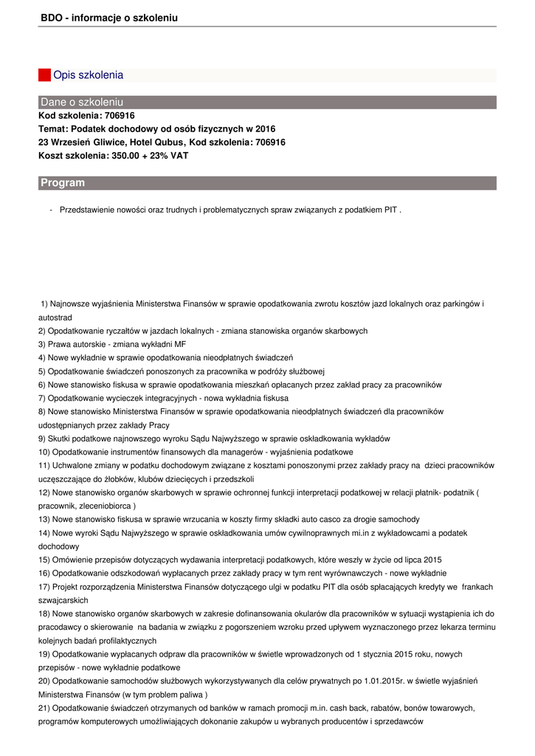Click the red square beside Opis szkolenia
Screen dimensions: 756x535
pyautogui.click(x=44, y=75)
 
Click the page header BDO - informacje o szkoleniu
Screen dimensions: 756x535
pyautogui.click(x=109, y=17)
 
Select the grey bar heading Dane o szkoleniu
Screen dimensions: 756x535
pyautogui.click(x=82, y=102)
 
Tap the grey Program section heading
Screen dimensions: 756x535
pyautogui.click(x=63, y=183)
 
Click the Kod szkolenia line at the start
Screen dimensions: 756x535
pyautogui.click(x=86, y=116)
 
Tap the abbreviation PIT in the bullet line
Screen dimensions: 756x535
pyautogui.click(x=390, y=210)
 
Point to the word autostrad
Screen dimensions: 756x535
pyautogui.click(x=55, y=317)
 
